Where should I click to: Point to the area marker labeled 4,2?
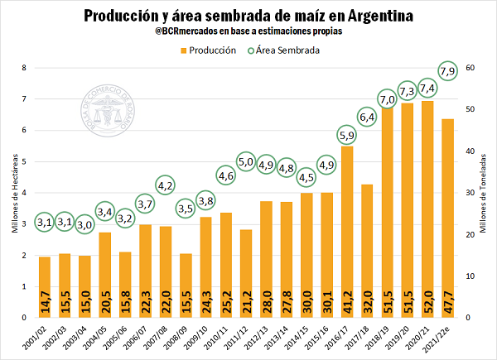point(165,185)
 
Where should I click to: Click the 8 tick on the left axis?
point(25,68)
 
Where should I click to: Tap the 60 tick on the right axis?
point(470,68)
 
